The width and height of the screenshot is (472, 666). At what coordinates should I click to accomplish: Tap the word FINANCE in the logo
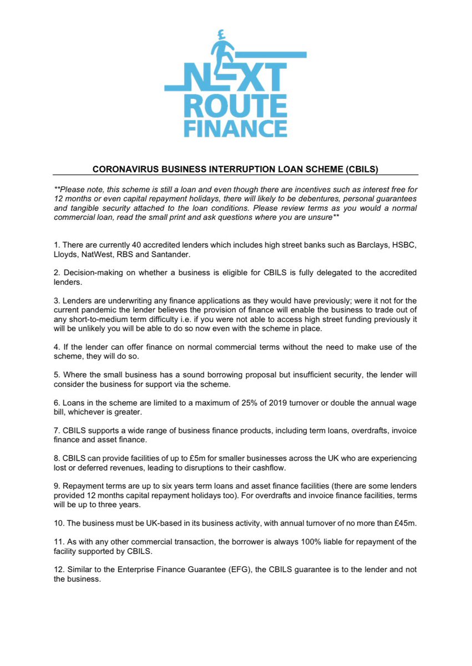[235, 128]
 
